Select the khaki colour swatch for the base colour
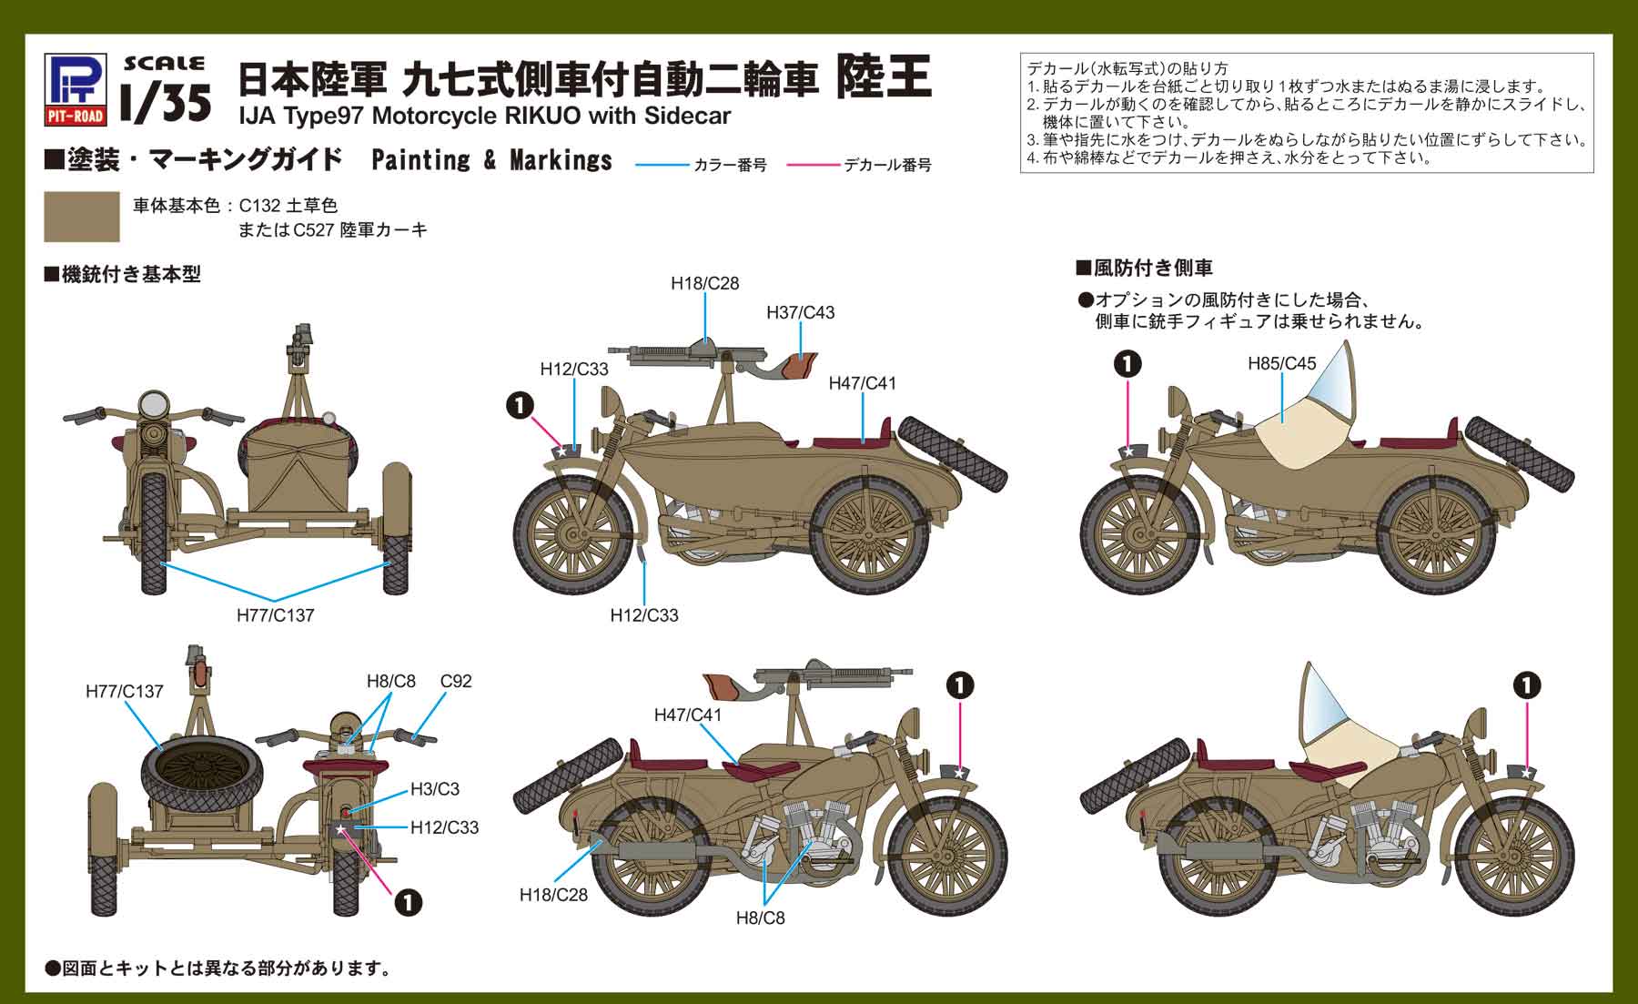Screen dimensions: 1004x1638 82,217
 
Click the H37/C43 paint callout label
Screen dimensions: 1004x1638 800,312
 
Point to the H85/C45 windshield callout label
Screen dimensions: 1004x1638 1281,363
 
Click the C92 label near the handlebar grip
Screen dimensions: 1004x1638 456,681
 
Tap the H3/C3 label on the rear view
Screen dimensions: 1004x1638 434,788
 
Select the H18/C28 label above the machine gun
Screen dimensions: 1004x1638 704,283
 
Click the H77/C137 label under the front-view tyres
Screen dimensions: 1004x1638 275,615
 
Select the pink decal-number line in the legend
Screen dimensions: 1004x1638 813,166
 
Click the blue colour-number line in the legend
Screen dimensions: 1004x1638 661,166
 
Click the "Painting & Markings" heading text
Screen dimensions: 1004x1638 491,161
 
